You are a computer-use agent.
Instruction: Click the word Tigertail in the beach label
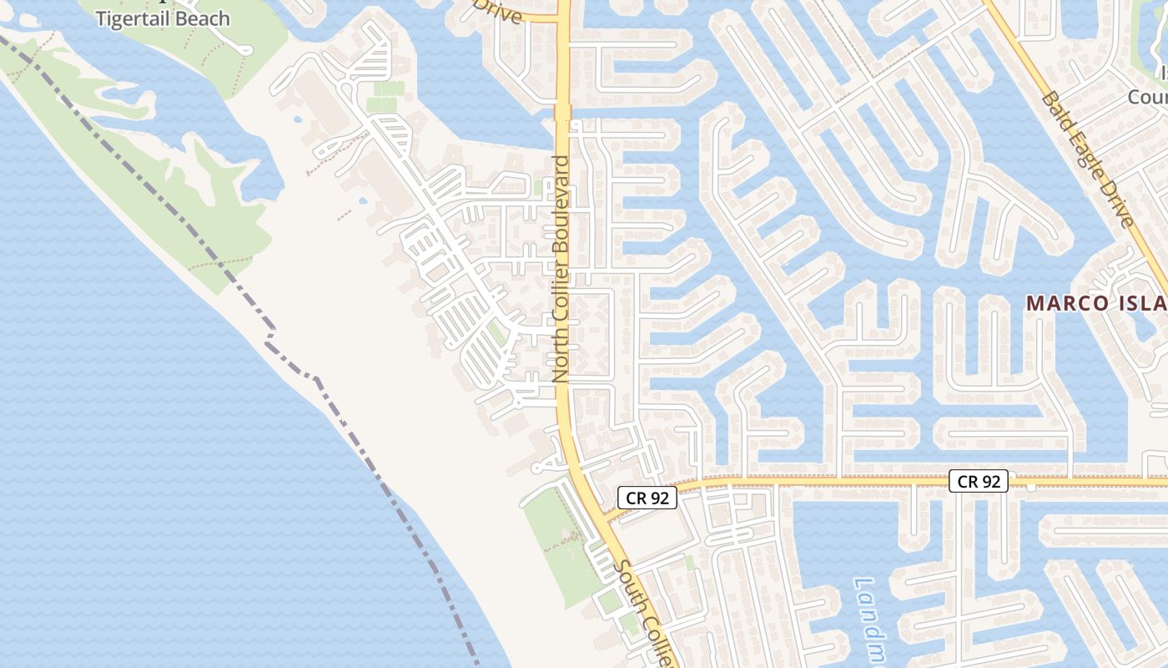pos(132,18)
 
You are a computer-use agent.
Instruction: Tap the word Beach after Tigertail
pos(200,18)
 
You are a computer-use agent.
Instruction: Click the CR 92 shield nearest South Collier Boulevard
pos(647,498)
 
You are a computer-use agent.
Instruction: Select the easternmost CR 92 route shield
pos(979,481)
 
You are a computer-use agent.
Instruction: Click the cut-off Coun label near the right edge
pos(1147,98)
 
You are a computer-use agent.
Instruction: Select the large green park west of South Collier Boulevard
pos(555,534)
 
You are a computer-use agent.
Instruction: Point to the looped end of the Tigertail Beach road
pos(244,48)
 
